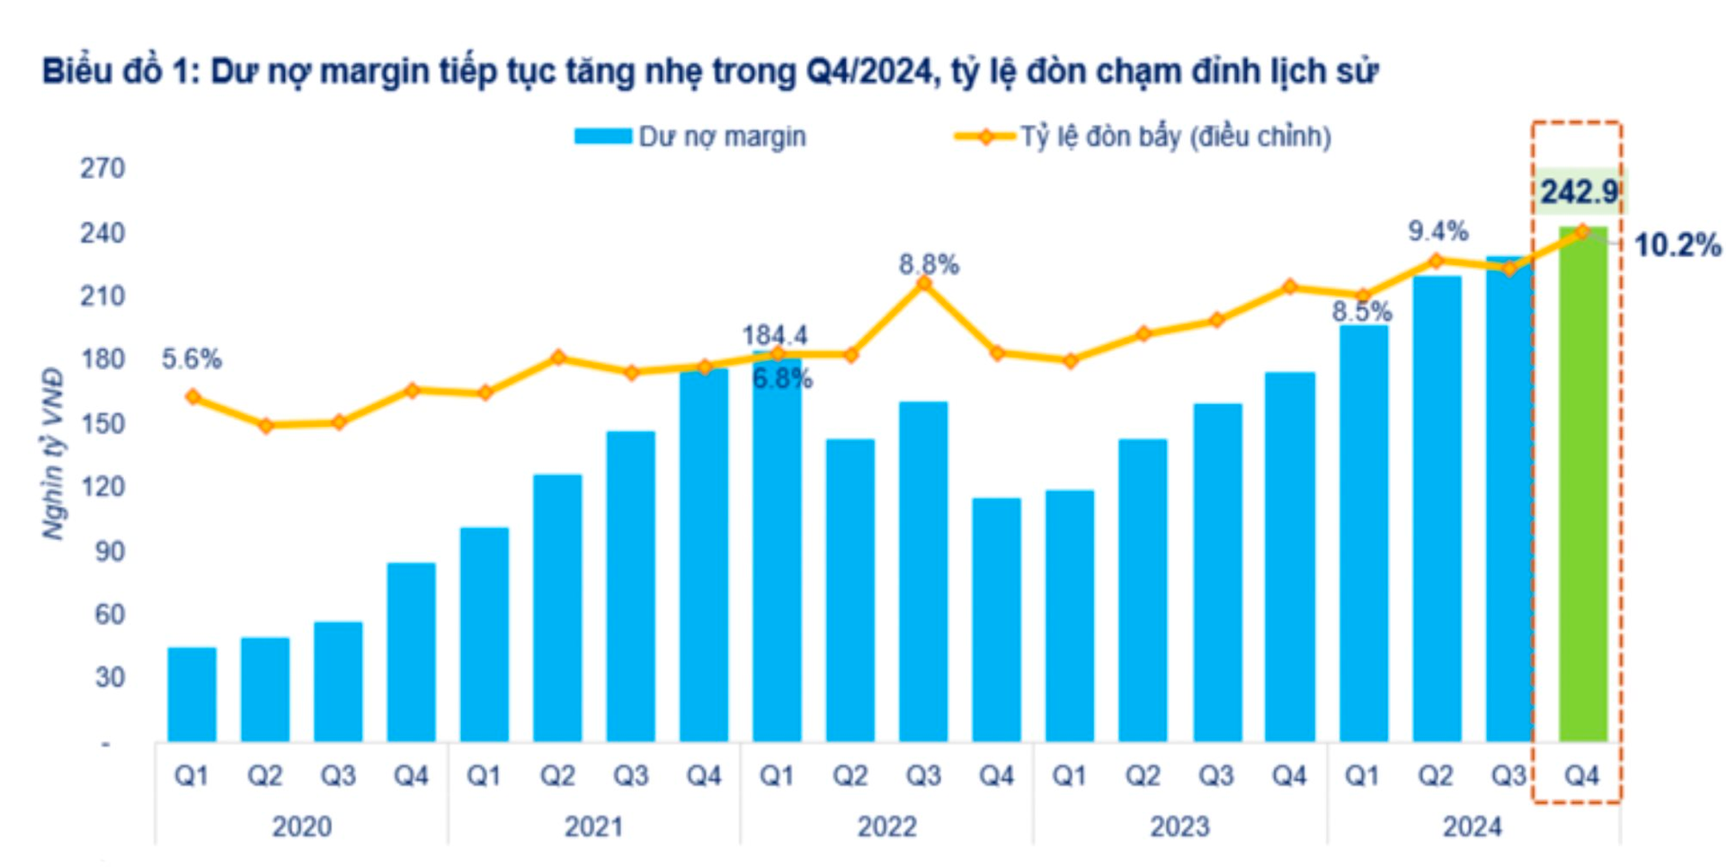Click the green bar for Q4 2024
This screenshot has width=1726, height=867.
(1582, 485)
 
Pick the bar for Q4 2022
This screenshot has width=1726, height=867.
(996, 620)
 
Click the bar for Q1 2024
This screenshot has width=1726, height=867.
(1363, 534)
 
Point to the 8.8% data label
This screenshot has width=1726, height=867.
(929, 264)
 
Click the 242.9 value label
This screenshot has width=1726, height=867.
(1579, 191)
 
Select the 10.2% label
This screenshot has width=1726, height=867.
(1677, 244)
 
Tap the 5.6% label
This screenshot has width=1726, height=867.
(191, 359)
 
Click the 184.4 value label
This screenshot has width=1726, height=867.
(775, 335)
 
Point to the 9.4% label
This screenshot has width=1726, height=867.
(1437, 231)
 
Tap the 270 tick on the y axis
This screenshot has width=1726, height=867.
(102, 168)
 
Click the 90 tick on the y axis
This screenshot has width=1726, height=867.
(109, 551)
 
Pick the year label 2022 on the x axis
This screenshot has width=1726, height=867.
(886, 826)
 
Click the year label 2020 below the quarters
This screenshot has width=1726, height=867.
(301, 826)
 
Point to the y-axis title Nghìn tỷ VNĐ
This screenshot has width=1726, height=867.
(54, 454)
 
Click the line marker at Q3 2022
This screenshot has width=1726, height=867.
(923, 284)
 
